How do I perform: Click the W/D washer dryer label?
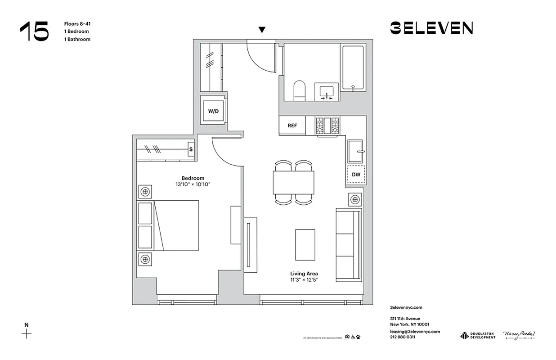point(213,111)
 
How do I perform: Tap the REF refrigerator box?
point(292,126)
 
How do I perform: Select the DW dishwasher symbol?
point(355,174)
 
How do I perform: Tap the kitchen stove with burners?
point(327,126)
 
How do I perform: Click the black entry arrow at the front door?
point(262,30)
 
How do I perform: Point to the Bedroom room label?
point(193,178)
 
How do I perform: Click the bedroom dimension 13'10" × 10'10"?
point(193,184)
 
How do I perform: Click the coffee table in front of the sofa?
point(305,244)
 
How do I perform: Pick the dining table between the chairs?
point(293,183)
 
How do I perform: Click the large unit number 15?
point(34,31)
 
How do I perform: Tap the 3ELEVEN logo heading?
point(431,28)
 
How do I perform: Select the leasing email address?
point(415,331)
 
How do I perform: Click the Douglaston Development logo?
point(477,336)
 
